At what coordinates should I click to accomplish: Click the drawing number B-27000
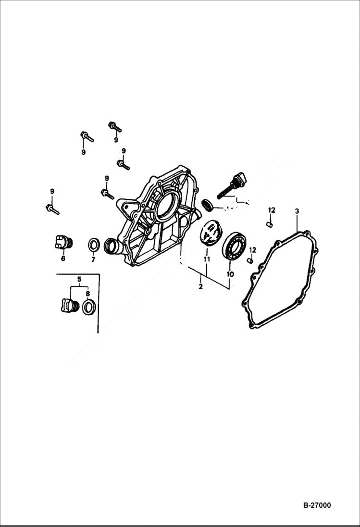(317, 505)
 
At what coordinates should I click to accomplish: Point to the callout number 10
(230, 274)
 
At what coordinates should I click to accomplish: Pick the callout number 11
(207, 259)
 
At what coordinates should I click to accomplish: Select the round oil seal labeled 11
(210, 233)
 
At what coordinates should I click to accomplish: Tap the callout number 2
(200, 287)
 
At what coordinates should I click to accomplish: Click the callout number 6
(62, 258)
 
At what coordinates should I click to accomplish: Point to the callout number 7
(93, 259)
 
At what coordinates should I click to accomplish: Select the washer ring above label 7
(94, 245)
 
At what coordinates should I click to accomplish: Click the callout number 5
(79, 279)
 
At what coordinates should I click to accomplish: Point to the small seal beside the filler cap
(208, 205)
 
